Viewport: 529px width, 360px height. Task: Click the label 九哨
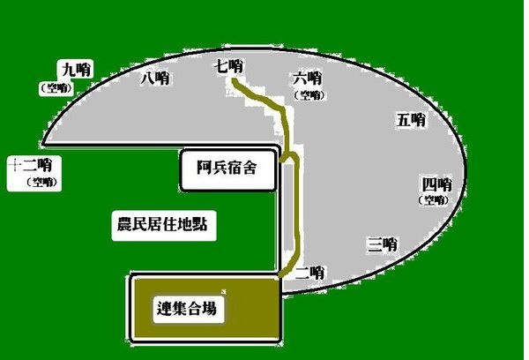[76, 71]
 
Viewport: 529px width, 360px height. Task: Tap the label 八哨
[155, 79]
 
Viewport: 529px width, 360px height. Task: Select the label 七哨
[228, 66]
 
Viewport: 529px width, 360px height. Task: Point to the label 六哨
[308, 79]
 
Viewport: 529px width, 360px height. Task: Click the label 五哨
[411, 120]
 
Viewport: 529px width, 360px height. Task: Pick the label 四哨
[437, 184]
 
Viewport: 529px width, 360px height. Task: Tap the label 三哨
[383, 244]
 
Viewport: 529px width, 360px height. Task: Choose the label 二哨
[310, 273]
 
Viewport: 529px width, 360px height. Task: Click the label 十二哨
[30, 165]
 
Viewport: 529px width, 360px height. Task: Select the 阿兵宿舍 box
[228, 170]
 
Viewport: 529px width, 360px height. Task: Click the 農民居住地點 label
[162, 224]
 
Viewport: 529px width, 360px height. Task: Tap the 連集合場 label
[187, 308]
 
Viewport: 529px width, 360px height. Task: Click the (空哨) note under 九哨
[56, 88]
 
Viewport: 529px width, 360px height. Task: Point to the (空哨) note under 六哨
[309, 95]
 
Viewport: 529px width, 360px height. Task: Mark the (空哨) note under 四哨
[434, 200]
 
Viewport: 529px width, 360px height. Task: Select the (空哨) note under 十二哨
[42, 182]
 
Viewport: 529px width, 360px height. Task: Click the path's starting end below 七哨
[233, 80]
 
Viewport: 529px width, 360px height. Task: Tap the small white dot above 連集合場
[223, 291]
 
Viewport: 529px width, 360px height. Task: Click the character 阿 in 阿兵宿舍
[205, 168]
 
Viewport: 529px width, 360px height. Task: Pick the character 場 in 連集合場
[209, 308]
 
